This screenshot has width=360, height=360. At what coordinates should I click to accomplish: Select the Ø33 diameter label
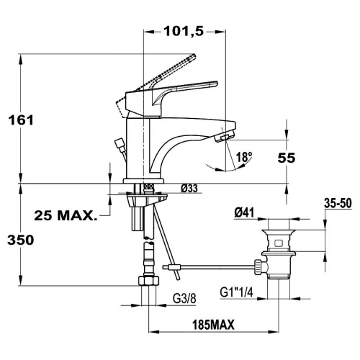[189, 189]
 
